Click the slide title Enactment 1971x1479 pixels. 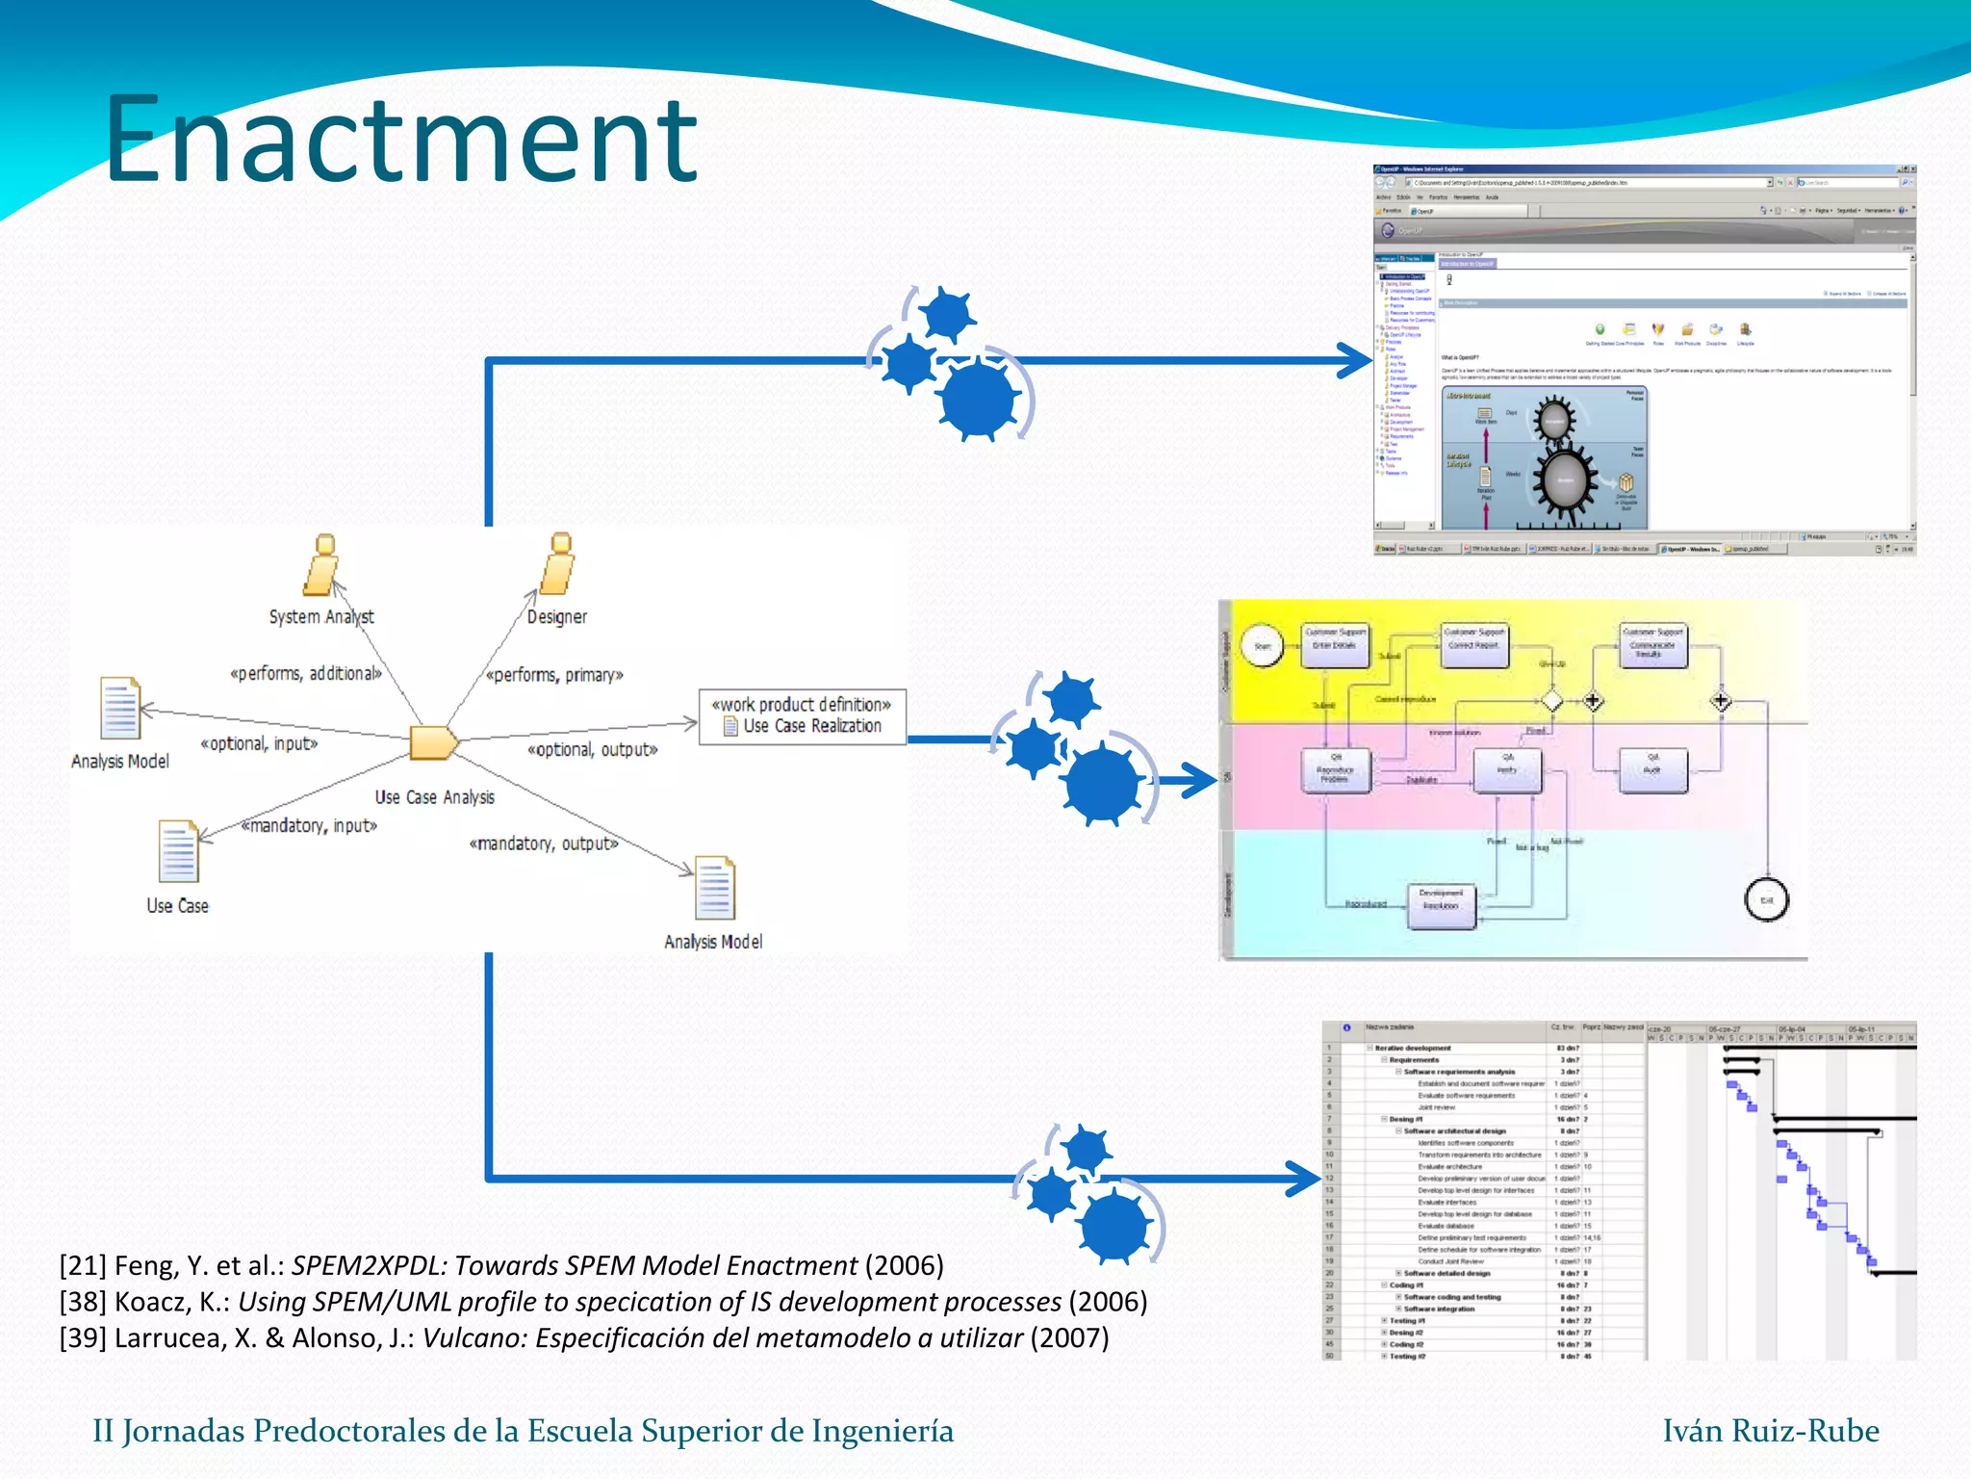pos(400,140)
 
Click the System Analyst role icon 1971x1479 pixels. pos(321,565)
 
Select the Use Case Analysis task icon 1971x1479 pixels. pos(433,742)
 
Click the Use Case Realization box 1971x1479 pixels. pos(802,716)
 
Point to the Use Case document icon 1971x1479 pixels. pos(178,851)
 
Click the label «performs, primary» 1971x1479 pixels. pos(554,675)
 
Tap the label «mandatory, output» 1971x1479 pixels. pos(544,844)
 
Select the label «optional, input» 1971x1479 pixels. pos(259,744)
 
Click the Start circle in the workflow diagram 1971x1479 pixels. pos(1262,646)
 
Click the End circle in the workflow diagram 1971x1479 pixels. pos(1766,900)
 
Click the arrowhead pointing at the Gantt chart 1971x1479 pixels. pos(1304,1179)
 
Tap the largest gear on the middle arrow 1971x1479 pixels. pos(1102,782)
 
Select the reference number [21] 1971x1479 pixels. pos(83,1265)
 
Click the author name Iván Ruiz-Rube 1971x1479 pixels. pos(1771,1431)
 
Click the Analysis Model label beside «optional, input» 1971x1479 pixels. pos(120,762)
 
